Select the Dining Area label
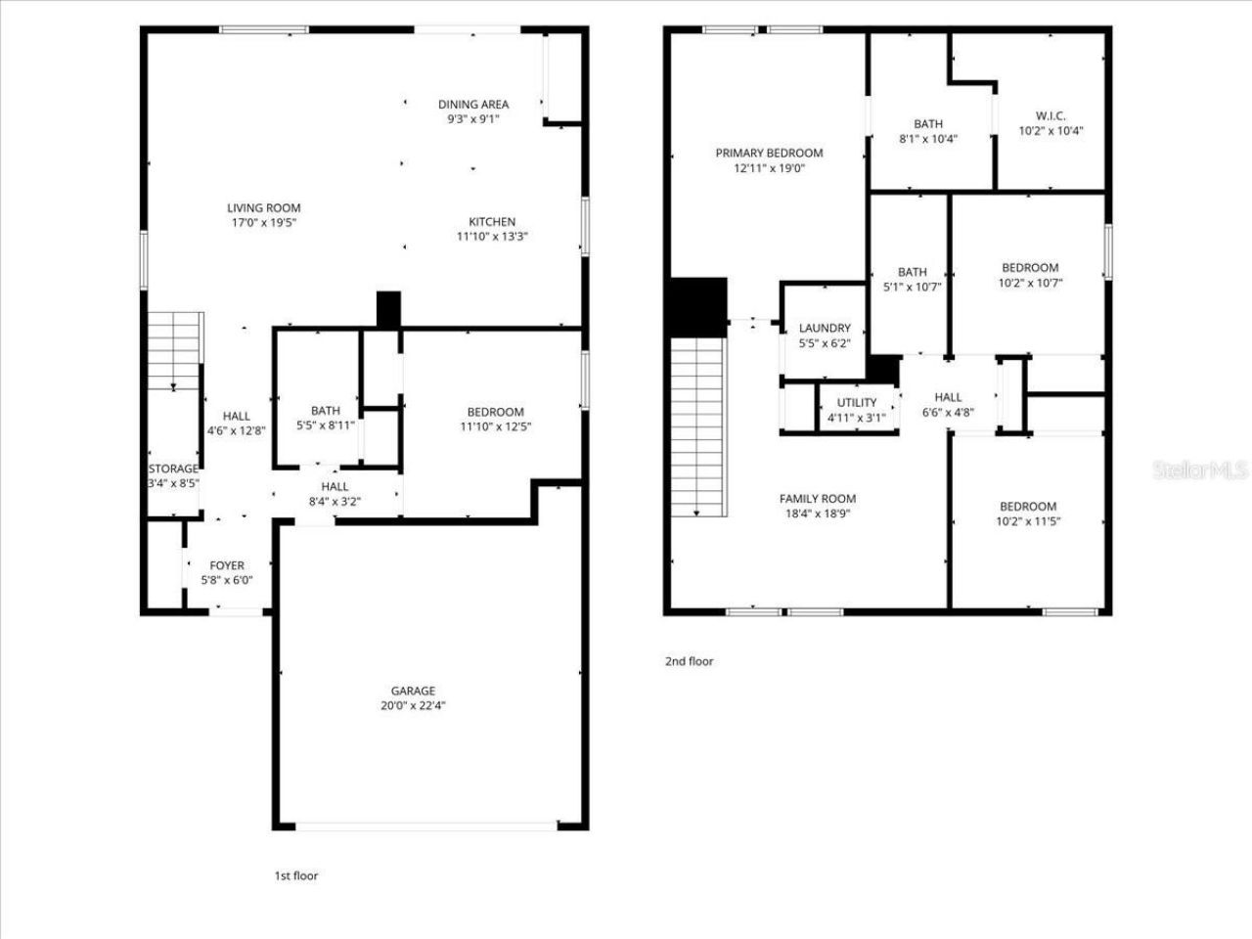tap(473, 105)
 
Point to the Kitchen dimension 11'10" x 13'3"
tap(492, 236)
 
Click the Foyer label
tap(227, 565)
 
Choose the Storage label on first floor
tap(173, 469)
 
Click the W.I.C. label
tap(1051, 115)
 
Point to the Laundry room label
tap(825, 329)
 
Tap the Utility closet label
tap(857, 403)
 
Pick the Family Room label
tap(818, 498)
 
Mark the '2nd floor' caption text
tap(690, 661)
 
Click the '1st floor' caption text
tap(295, 875)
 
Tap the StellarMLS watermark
tap(1200, 470)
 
